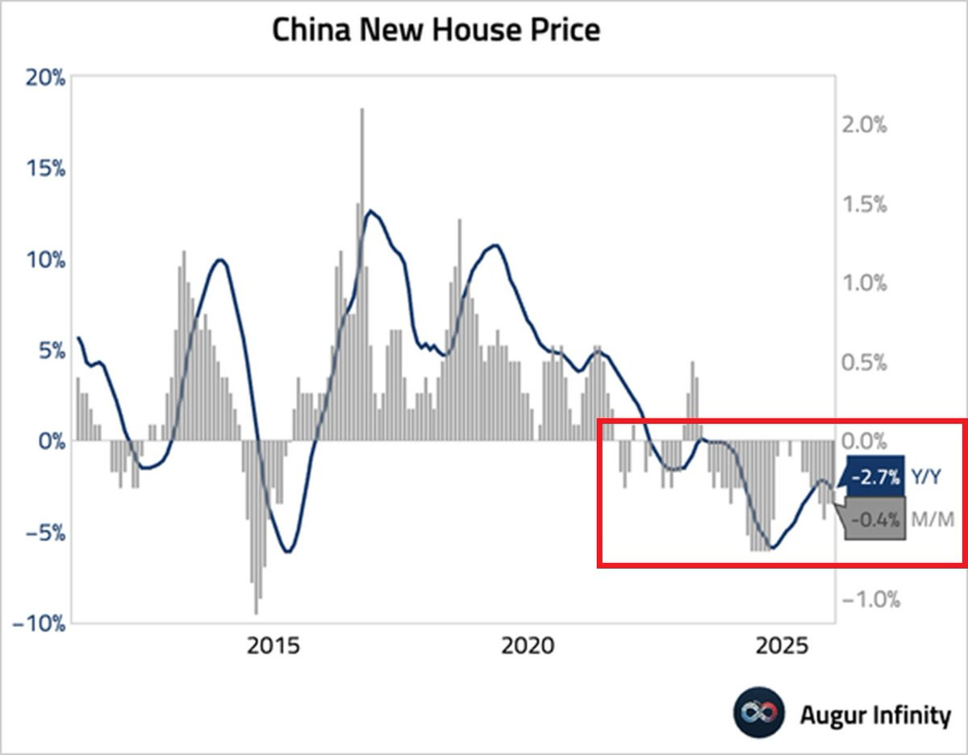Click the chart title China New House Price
click(436, 30)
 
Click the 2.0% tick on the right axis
click(863, 125)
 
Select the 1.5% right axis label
click(863, 204)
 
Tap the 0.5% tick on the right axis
click(863, 362)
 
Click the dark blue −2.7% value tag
click(874, 478)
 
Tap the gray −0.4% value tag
click(874, 519)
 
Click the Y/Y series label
click(926, 478)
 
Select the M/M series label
click(932, 519)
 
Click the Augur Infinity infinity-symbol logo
click(759, 713)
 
